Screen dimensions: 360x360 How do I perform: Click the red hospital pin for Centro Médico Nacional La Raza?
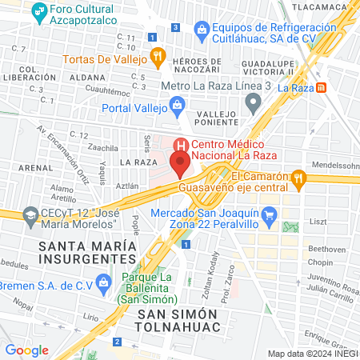click(x=181, y=163)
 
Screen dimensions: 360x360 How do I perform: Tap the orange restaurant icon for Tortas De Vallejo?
click(x=158, y=57)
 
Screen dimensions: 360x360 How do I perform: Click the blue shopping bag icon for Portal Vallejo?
click(x=177, y=104)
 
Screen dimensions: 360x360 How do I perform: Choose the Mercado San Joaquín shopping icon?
click(x=270, y=214)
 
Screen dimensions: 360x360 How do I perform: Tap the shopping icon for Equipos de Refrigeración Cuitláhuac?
click(x=202, y=32)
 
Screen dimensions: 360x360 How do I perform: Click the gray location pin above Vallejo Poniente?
click(x=254, y=100)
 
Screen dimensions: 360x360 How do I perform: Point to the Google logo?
click(x=27, y=350)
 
